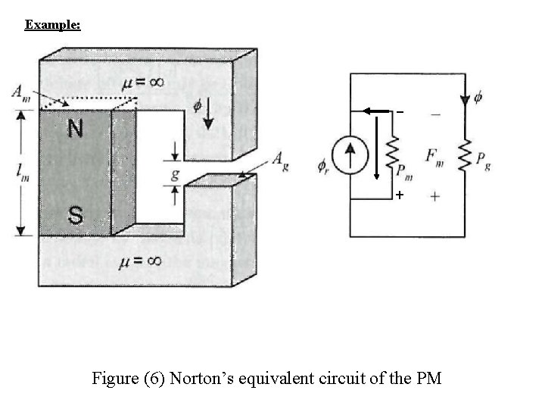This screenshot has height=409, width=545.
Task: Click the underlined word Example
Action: coord(52,25)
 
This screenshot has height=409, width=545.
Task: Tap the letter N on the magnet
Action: coord(75,130)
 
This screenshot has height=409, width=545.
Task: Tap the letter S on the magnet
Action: coord(75,216)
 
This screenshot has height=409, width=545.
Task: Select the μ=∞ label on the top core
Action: coord(142,82)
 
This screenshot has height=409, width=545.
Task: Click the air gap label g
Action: coord(174,173)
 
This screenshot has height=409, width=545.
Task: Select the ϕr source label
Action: coord(324,164)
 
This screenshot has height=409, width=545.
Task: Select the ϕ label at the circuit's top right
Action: coord(478,98)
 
